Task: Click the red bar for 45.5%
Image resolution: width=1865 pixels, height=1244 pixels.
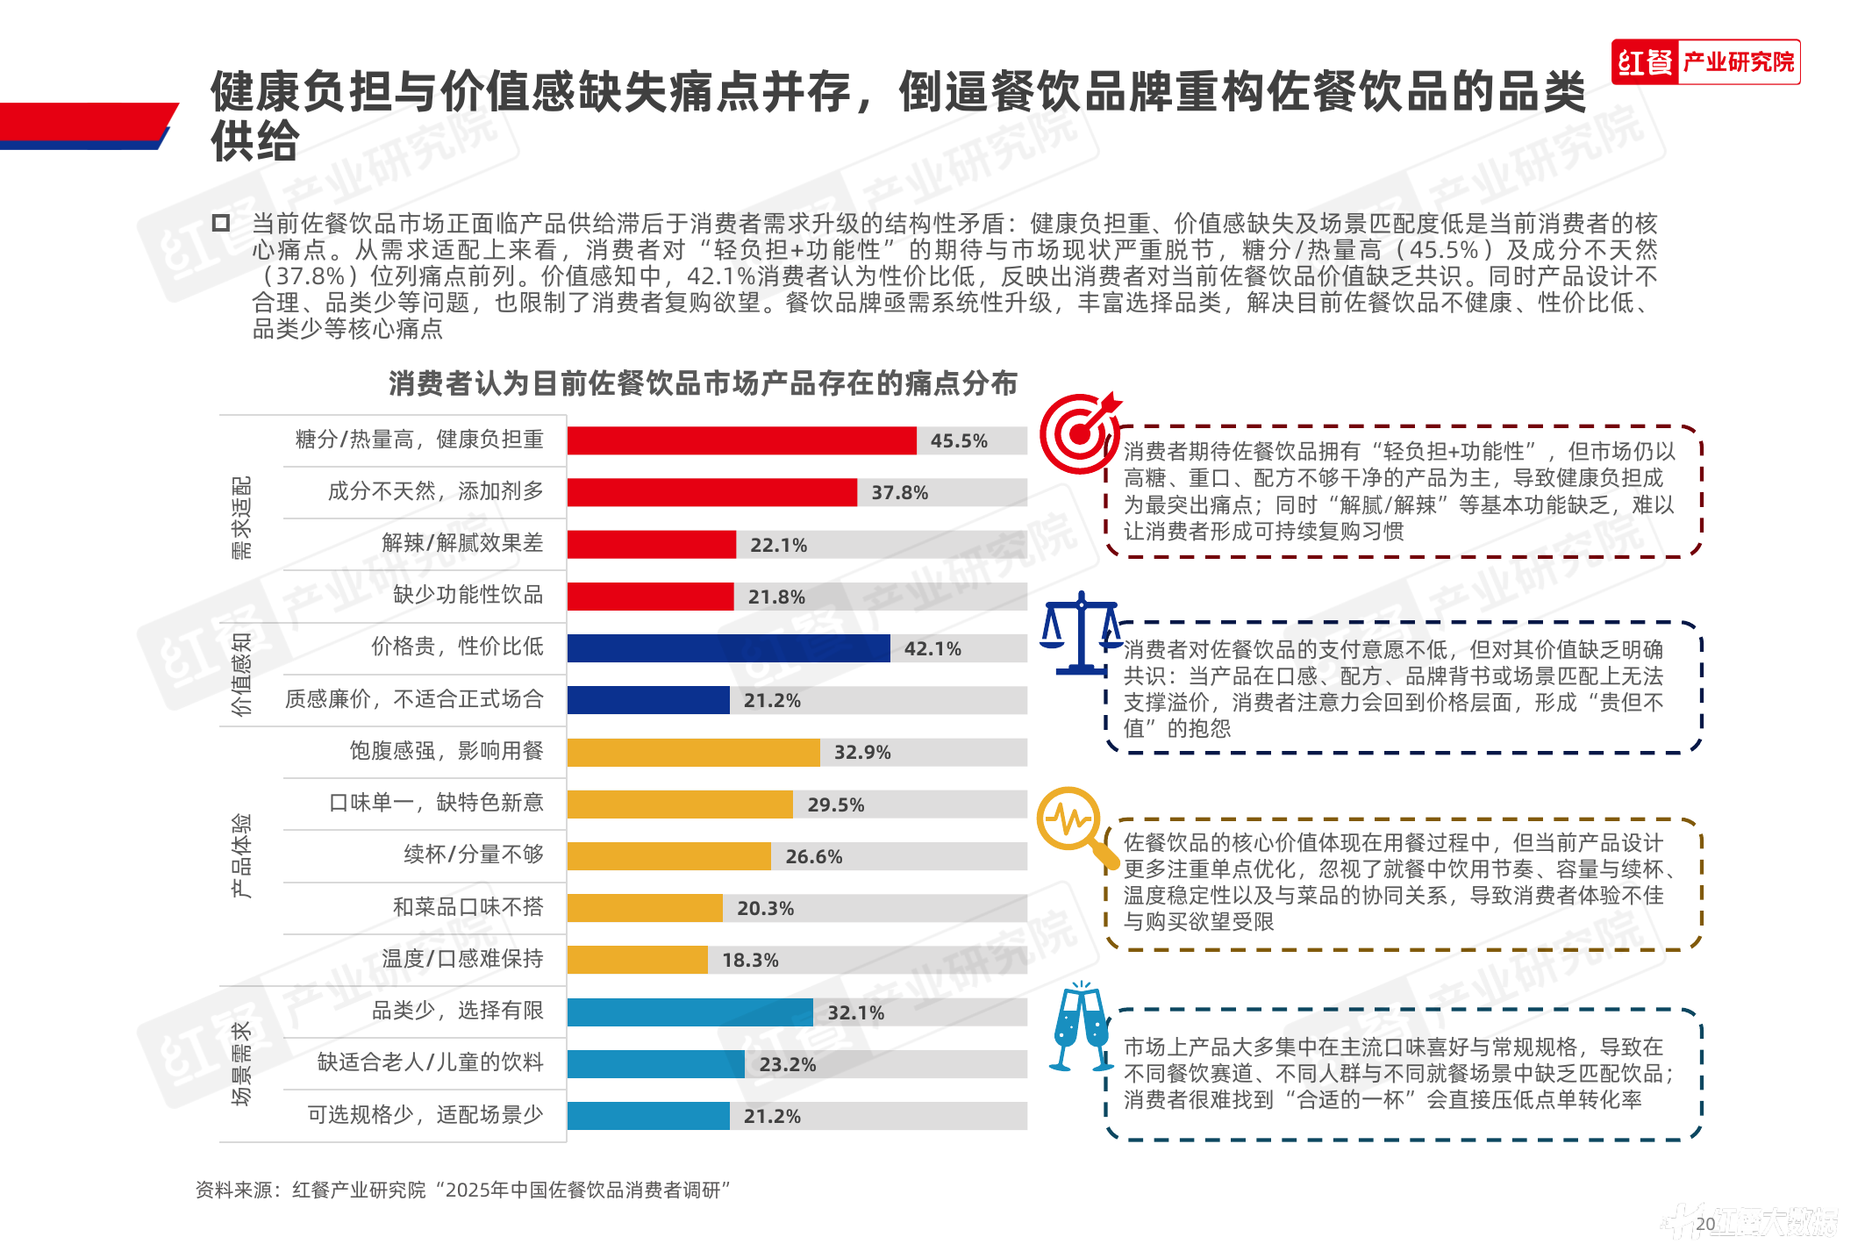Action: coord(741,440)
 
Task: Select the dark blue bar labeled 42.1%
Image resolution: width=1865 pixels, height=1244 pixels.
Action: coord(728,648)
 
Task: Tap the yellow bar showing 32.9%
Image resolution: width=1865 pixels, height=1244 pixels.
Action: coord(693,753)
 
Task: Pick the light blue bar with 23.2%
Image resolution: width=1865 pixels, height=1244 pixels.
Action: coord(656,1064)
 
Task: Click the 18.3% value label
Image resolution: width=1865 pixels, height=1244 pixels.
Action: coord(750,961)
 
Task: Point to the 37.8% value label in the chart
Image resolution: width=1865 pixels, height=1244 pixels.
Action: coord(899,493)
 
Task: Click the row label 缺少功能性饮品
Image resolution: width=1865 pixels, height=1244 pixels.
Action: coord(468,595)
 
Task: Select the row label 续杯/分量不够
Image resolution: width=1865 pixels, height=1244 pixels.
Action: coord(473,854)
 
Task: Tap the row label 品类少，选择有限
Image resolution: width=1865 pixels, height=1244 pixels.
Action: coord(457,1011)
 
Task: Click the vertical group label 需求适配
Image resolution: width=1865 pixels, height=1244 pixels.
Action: coord(241,518)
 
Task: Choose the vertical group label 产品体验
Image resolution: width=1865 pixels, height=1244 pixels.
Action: coord(241,855)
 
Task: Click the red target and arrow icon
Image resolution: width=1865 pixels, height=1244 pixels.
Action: coord(1080,432)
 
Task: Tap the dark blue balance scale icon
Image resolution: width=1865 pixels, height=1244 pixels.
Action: coord(1081,633)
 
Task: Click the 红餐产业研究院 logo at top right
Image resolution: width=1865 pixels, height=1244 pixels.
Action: coord(1705,62)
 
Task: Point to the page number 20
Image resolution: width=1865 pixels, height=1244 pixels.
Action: coord(1705,1223)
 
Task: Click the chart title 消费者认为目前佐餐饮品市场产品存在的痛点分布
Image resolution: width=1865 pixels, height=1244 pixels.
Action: coord(703,383)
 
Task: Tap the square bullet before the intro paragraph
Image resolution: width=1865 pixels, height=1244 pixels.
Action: coord(221,223)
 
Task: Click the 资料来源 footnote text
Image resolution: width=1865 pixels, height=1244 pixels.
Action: coord(462,1190)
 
